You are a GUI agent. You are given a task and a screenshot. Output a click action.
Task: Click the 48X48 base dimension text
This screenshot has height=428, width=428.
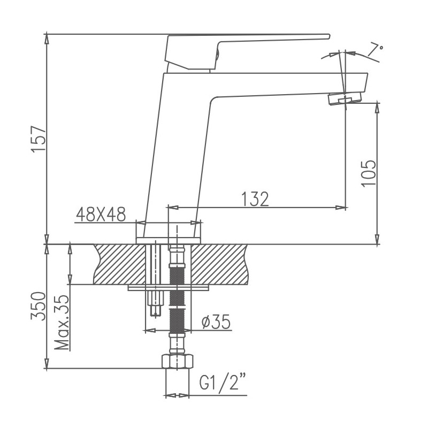[101, 215]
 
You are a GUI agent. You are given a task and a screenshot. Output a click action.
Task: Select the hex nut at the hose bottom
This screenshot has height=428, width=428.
[176, 362]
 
